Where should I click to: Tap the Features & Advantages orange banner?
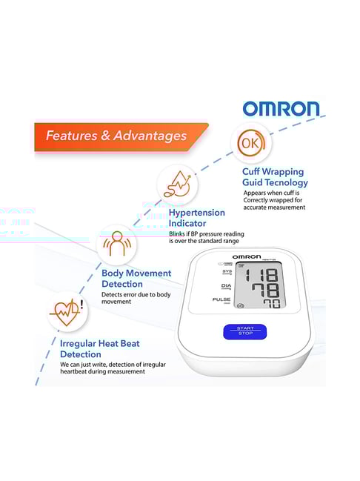117,136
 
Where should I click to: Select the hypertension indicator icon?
177,183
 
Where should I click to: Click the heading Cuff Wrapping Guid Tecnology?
275,176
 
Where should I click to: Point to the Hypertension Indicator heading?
196,218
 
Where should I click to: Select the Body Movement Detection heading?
136,278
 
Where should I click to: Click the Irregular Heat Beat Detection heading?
99,349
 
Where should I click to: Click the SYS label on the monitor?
227,271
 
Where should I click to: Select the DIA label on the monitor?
226,285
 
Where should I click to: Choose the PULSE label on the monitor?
221,299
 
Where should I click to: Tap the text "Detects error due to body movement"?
136,299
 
